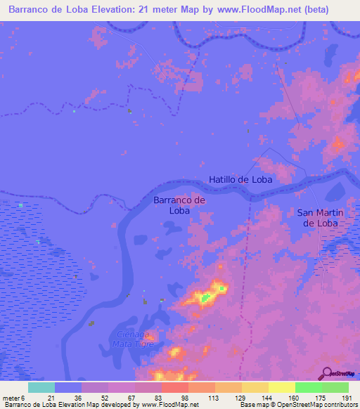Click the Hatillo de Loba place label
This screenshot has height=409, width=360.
(240, 179)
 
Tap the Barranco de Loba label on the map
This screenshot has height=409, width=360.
(179, 204)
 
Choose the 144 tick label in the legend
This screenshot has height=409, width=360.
(267, 398)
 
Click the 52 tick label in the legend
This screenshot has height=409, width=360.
(105, 398)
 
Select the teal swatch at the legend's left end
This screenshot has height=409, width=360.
(41, 387)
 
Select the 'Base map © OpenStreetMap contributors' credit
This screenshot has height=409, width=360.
(299, 405)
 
